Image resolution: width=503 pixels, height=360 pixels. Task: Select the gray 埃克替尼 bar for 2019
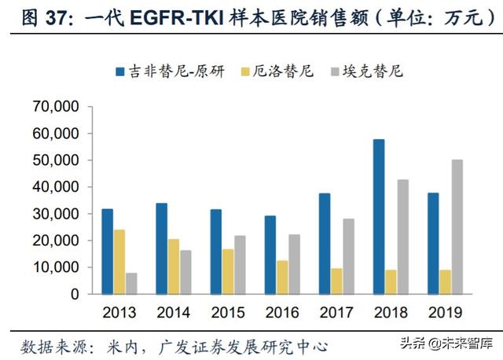pos(434,226)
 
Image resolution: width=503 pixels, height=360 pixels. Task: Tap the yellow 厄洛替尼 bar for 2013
pos(119,261)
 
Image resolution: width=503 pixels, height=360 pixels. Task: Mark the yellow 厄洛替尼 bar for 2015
pos(227,271)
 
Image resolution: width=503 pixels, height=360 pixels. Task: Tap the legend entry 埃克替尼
pos(374,72)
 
